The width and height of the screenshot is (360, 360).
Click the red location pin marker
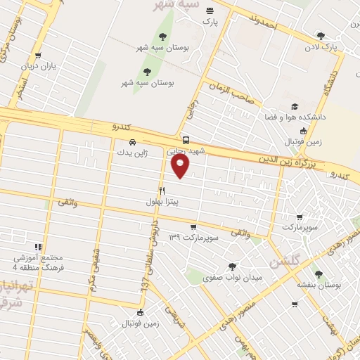tap(181, 166)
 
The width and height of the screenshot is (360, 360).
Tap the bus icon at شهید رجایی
tap(186, 139)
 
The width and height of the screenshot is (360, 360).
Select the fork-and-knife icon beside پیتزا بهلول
tap(162, 191)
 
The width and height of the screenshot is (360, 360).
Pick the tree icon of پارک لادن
tap(321, 35)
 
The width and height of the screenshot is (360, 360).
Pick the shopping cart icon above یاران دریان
tap(39, 54)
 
